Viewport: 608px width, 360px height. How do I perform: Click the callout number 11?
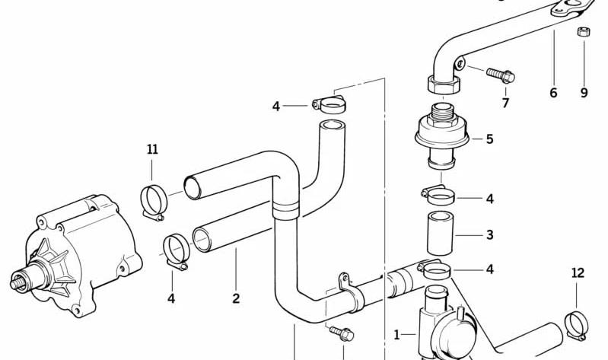(x=152, y=149)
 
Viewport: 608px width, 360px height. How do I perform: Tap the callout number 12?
(x=578, y=273)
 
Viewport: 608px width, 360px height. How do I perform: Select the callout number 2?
(x=236, y=298)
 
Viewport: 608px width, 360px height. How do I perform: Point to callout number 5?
(x=490, y=139)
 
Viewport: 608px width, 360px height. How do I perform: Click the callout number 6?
(x=553, y=93)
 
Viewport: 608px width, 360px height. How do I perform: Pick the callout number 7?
(x=505, y=103)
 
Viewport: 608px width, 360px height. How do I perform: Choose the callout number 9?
(x=584, y=93)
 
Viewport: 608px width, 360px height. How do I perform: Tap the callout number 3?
(x=490, y=234)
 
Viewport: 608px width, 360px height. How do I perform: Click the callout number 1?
(x=396, y=335)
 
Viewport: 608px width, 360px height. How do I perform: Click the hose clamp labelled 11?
(x=152, y=202)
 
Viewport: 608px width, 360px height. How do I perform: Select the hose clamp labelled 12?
(x=576, y=326)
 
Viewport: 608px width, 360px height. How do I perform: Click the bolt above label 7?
(x=501, y=75)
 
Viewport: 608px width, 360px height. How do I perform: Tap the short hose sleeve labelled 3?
(x=440, y=233)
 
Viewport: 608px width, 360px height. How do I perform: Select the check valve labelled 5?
(x=441, y=135)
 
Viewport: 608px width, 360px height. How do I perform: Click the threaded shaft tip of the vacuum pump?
(x=18, y=283)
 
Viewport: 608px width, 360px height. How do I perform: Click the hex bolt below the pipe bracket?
(x=342, y=333)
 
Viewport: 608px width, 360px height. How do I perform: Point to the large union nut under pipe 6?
(x=444, y=84)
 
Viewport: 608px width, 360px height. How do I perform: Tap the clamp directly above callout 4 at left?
(x=176, y=252)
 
